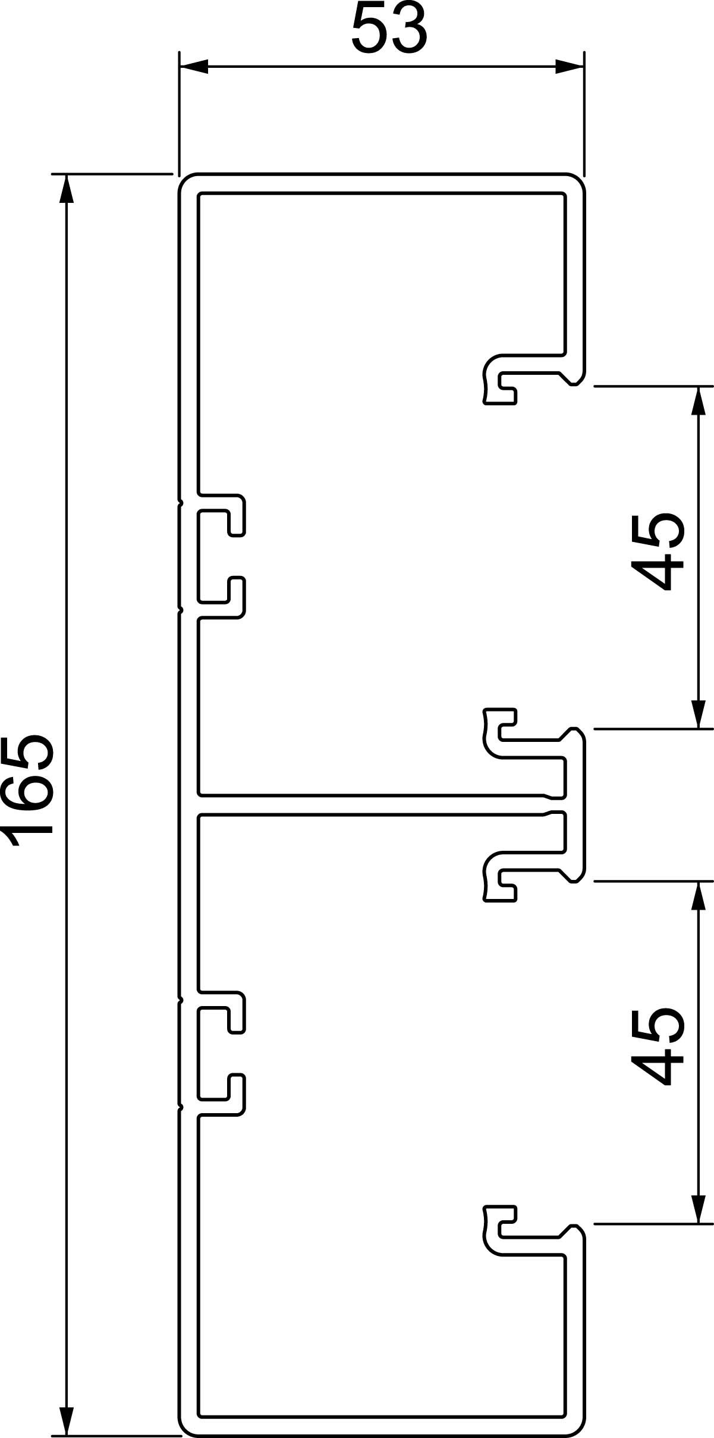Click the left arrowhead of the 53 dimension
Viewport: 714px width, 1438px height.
(194, 67)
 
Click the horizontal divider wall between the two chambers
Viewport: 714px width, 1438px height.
(369, 804)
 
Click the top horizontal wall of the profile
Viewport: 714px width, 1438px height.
(380, 183)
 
